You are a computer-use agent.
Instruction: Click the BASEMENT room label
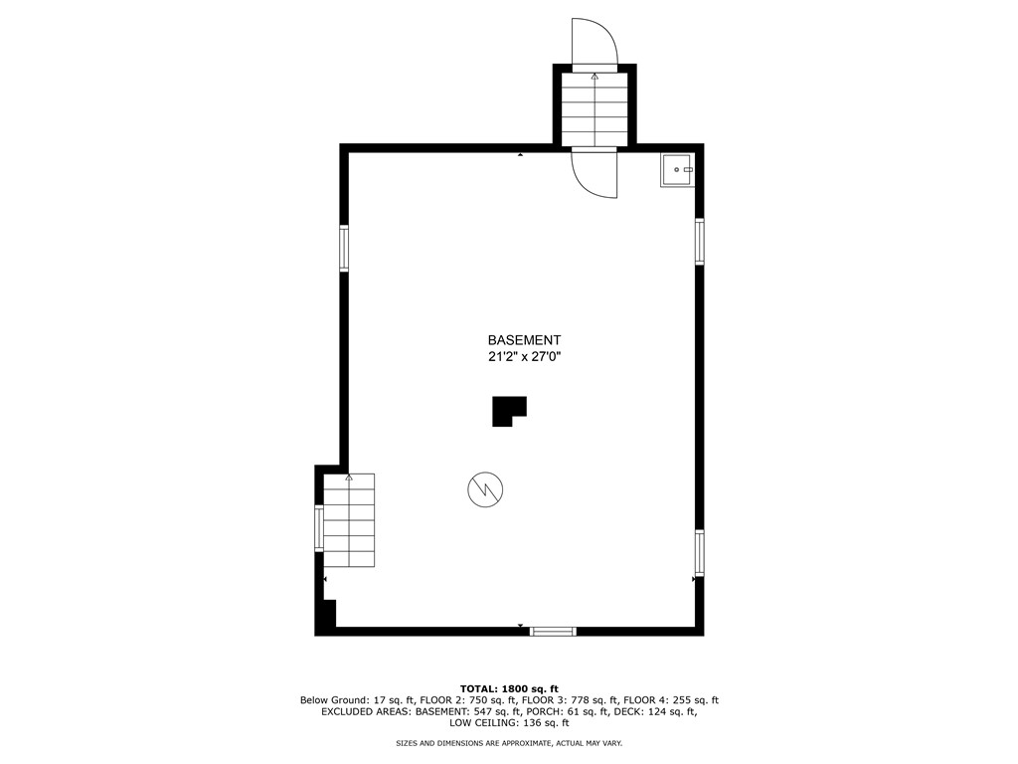pos(524,339)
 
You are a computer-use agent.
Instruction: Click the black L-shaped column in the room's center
pos(507,410)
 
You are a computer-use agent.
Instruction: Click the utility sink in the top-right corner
pos(677,170)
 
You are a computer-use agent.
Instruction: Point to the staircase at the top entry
pos(594,108)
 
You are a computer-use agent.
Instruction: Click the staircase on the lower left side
pos(349,520)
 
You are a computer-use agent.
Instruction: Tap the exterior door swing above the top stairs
pos(595,42)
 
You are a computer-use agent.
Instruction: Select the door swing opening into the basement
pos(594,173)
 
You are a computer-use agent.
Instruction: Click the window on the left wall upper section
pos(344,248)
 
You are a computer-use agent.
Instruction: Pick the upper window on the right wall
pos(700,241)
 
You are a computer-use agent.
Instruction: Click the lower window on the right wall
pos(700,552)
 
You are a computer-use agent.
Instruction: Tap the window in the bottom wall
pos(553,631)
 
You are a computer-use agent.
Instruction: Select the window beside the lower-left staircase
pos(319,528)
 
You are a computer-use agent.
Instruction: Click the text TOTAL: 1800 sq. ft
pos(509,688)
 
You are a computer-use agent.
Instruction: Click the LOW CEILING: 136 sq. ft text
pos(509,723)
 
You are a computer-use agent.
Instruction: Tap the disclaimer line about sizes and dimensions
pos(509,743)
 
